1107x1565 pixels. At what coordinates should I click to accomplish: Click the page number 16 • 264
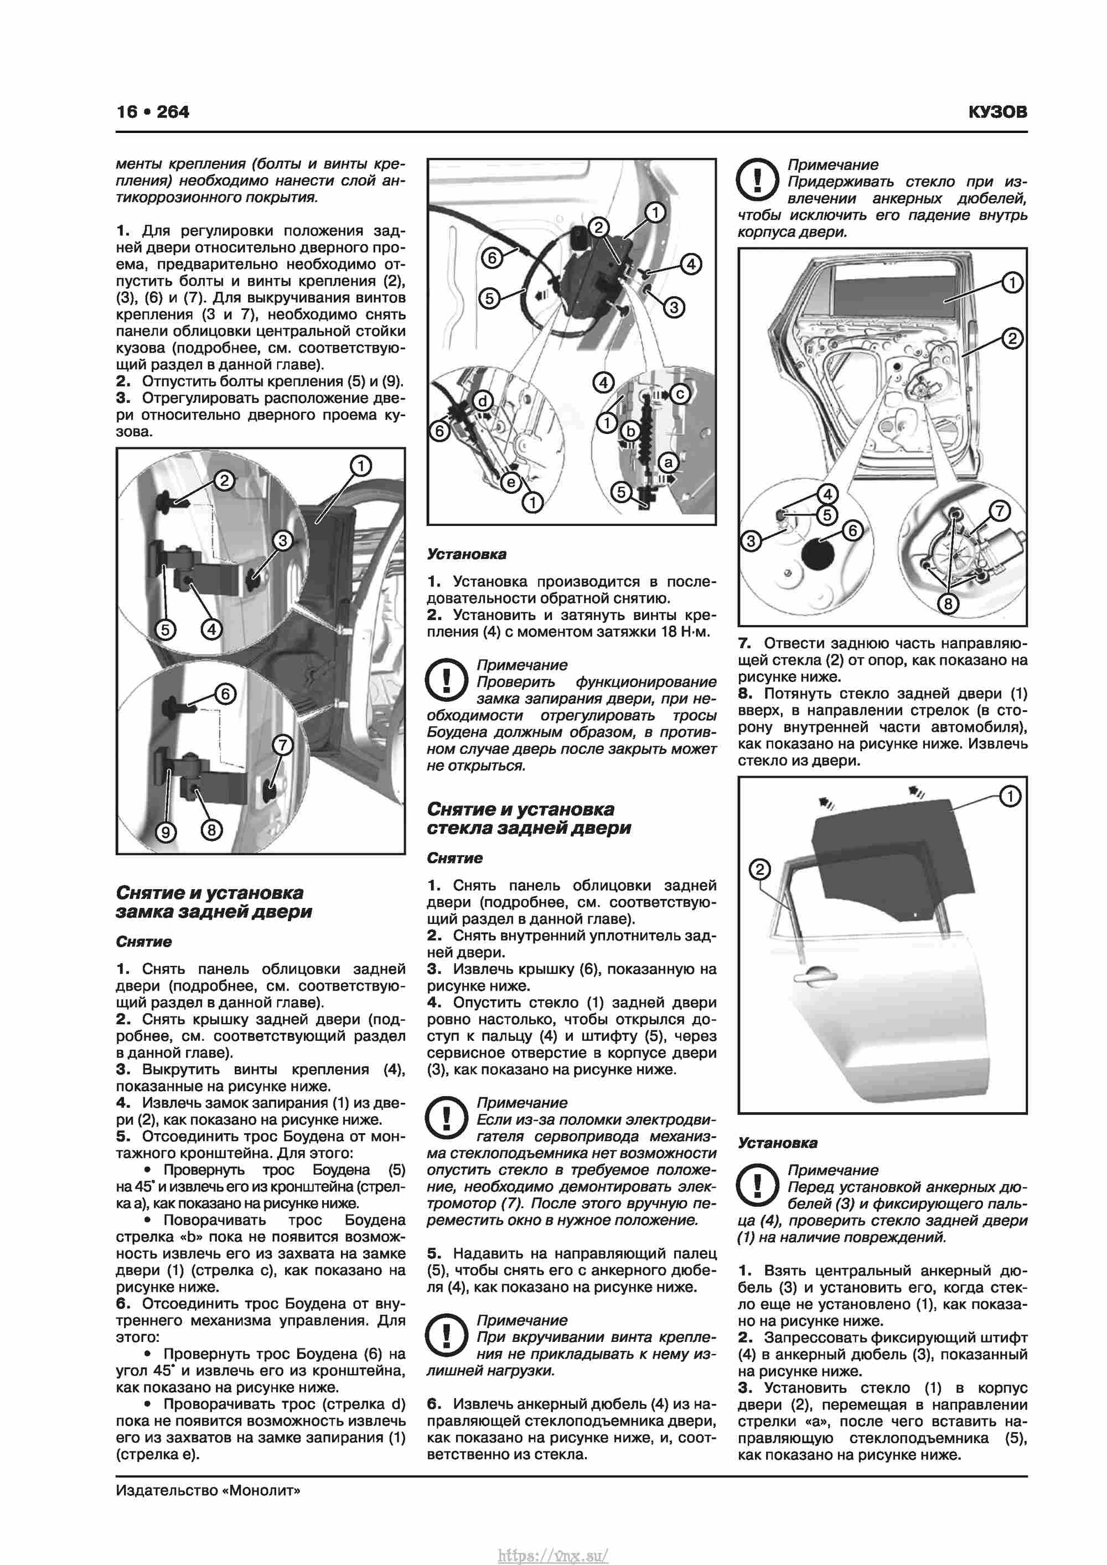[153, 112]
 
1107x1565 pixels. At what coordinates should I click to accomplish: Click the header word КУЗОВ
[997, 112]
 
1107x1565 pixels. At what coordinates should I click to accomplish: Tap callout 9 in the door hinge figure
[165, 831]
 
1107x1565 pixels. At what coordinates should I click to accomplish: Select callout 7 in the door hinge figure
[282, 745]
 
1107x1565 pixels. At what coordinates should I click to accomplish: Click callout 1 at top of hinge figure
[360, 466]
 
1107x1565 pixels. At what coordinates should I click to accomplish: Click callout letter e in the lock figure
[510, 483]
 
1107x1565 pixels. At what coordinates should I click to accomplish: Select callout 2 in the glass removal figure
[759, 870]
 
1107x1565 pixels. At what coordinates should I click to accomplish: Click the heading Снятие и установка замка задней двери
[213, 902]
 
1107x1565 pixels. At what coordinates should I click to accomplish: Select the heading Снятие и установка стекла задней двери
[528, 818]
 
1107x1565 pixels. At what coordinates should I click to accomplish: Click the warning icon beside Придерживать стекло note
[757, 179]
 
